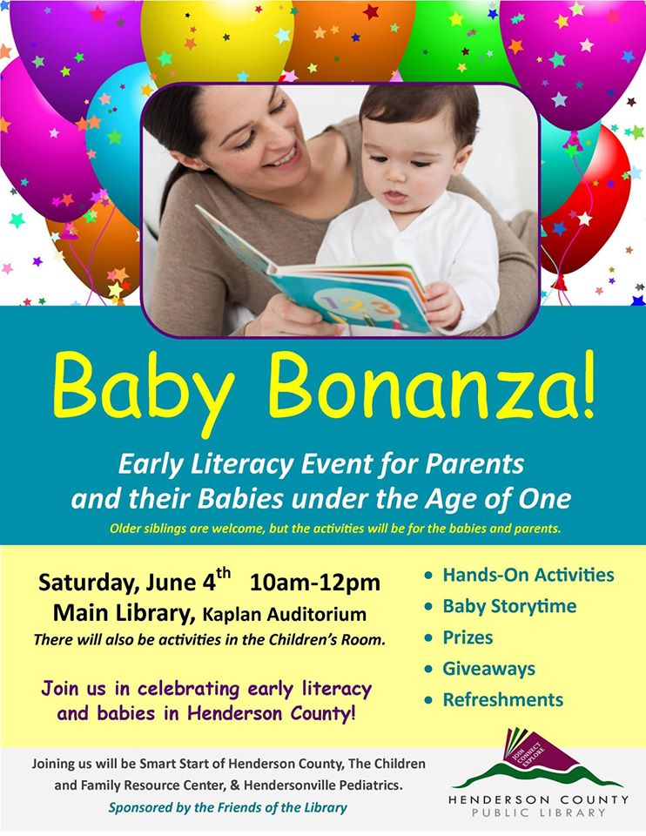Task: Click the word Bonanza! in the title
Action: click(x=433, y=385)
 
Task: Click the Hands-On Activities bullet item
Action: click(x=528, y=575)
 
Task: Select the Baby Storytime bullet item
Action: click(x=509, y=606)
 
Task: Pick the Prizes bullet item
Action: click(x=468, y=637)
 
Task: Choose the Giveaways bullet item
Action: click(x=488, y=669)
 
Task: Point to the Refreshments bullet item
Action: click(x=502, y=699)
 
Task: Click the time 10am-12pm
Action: click(x=314, y=583)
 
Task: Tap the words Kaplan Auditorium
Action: click(x=284, y=614)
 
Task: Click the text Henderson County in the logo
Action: click(x=538, y=799)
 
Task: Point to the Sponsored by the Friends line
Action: click(x=227, y=808)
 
